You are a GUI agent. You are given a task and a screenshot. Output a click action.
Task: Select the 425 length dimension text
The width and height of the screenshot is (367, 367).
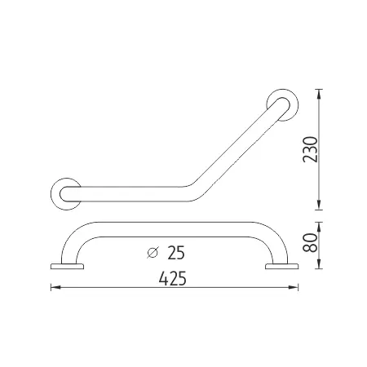tap(173, 278)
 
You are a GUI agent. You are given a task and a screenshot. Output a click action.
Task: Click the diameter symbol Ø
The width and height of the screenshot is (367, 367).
tap(153, 252)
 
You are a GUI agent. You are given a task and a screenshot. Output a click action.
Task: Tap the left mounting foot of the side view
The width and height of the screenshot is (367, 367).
tap(67, 265)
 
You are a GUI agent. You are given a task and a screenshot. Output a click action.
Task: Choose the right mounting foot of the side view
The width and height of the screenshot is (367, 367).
tap(280, 265)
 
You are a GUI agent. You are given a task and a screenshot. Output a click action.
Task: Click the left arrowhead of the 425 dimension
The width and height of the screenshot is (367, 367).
tap(55, 287)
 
